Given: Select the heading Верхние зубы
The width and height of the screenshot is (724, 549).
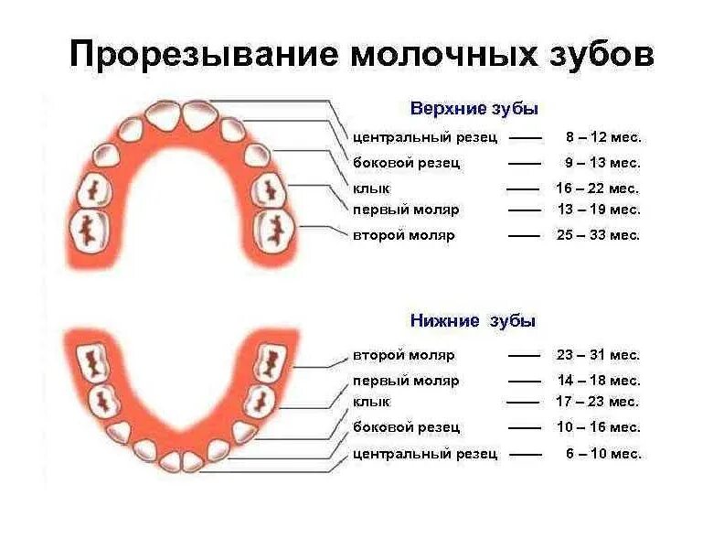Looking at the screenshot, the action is [x=473, y=109].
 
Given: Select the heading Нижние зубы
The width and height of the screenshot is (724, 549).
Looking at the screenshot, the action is [x=473, y=321].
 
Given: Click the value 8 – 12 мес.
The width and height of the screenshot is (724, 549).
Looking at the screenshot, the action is [x=603, y=137].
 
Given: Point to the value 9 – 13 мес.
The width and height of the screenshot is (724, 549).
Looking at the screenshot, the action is [x=602, y=163].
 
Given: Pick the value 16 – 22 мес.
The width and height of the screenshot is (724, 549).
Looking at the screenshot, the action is [x=598, y=188].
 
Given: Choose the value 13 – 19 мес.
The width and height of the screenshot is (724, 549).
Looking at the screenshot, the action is [x=599, y=210].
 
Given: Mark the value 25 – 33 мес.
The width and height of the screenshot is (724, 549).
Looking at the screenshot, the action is [x=599, y=235].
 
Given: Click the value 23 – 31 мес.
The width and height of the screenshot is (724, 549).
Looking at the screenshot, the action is [x=599, y=355].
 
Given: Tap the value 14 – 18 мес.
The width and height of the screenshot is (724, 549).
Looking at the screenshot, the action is [x=599, y=381].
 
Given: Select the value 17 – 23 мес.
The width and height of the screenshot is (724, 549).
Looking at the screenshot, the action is [x=598, y=402].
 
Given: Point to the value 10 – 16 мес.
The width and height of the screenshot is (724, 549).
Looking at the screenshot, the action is [x=599, y=427].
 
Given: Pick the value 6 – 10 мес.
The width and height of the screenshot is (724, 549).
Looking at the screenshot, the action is [x=603, y=454].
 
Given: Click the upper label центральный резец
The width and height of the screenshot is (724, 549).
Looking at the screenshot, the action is [x=425, y=137].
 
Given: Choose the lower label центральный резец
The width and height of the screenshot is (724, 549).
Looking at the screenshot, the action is [x=425, y=454].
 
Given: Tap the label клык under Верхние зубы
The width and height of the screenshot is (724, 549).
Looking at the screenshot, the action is [x=371, y=188].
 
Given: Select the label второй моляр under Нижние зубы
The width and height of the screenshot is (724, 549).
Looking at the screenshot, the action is [x=403, y=355].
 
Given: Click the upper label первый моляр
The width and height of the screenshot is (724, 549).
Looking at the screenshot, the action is [x=406, y=210].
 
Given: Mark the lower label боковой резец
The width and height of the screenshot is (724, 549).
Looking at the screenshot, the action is [x=406, y=427].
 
